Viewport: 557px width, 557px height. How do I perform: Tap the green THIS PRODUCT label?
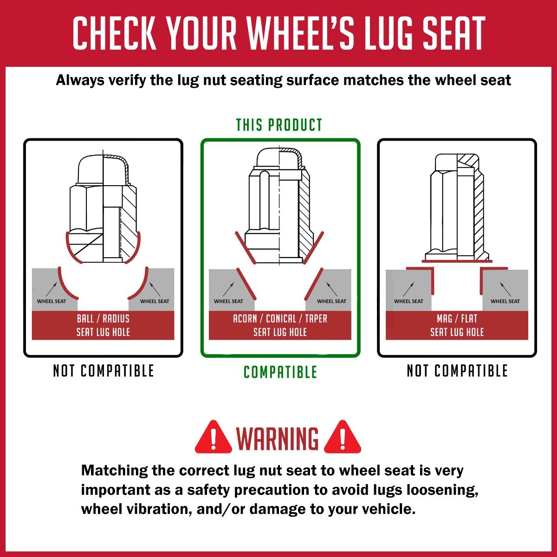click(279, 125)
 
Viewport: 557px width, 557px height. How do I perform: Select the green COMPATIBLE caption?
click(280, 372)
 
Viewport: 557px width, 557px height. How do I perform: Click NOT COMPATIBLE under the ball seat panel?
click(104, 371)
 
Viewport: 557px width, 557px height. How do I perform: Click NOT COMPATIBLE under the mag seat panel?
click(457, 371)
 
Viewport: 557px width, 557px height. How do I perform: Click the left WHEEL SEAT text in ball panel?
click(52, 301)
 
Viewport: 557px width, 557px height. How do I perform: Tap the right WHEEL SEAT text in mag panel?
click(505, 301)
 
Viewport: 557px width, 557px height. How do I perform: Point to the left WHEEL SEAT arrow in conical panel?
click(228, 289)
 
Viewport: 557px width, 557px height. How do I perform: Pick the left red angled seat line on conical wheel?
click(246, 284)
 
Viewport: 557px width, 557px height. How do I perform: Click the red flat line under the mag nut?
click(457, 261)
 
